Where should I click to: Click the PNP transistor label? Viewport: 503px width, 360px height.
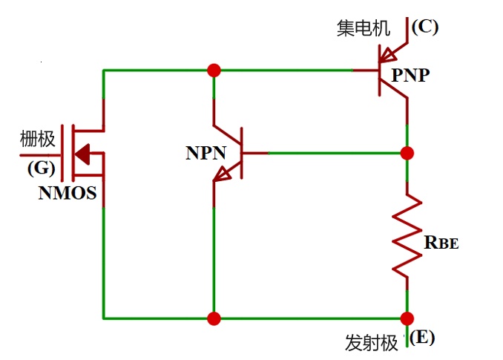tap(410, 76)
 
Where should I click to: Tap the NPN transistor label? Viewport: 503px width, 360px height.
tap(206, 153)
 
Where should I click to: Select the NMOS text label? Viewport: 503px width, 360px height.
tap(68, 193)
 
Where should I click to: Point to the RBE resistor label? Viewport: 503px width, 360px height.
tap(441, 243)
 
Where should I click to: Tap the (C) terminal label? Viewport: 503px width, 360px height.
tap(424, 27)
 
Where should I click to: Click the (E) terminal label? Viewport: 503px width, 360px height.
tap(422, 337)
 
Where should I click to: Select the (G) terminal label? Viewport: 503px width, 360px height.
tap(42, 168)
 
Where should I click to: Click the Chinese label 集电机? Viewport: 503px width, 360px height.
tap(364, 28)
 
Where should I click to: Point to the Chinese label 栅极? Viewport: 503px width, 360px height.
tap(38, 139)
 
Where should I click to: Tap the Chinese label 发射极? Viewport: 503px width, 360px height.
tap(372, 343)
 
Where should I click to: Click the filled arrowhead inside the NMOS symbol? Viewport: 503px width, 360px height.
tap(82, 154)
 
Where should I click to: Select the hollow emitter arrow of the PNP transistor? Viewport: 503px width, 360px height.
tap(387, 55)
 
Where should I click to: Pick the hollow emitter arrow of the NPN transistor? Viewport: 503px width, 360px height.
tap(222, 174)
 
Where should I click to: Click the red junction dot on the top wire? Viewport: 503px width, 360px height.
tap(214, 71)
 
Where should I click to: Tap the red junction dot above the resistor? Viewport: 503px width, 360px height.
tap(407, 153)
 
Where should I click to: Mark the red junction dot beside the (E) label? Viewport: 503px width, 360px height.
tap(407, 318)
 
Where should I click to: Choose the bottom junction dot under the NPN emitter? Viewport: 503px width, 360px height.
tap(214, 318)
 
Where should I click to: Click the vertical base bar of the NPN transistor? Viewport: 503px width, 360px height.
tap(242, 153)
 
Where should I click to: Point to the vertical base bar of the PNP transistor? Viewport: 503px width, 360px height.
tap(380, 71)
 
